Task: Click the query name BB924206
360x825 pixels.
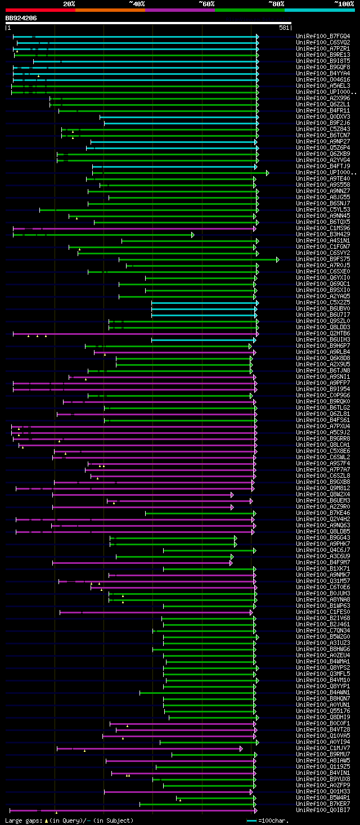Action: pos(21,18)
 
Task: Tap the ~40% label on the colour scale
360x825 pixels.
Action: pos(137,3)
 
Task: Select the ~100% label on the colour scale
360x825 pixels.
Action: pos(344,3)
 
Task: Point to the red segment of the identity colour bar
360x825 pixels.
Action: pos(40,10)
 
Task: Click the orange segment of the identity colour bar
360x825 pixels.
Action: pos(110,10)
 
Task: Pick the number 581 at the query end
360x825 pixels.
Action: pos(284,28)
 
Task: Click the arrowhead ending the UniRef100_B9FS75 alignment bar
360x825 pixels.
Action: pos(278,259)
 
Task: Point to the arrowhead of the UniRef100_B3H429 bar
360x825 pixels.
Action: pos(192,235)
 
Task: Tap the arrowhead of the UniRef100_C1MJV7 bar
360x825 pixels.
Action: pos(241,748)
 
